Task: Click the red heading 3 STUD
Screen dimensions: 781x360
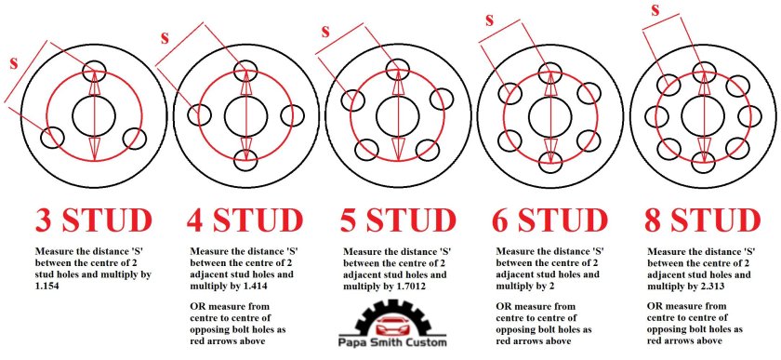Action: click(x=94, y=220)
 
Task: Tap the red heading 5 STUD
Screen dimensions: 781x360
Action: click(x=398, y=220)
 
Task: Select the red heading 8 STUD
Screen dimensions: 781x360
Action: click(x=703, y=220)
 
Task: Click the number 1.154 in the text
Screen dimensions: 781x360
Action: click(x=51, y=287)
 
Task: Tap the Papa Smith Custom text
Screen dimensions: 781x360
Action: click(x=392, y=342)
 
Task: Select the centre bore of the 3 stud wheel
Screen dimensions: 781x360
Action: click(x=94, y=116)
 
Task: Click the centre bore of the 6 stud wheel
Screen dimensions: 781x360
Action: click(x=549, y=116)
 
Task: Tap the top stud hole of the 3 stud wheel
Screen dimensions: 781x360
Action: click(x=94, y=71)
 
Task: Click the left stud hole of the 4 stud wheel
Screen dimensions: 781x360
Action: click(x=200, y=115)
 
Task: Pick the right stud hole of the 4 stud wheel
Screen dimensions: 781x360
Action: click(x=293, y=115)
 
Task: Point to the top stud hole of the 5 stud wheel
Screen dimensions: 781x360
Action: click(x=397, y=69)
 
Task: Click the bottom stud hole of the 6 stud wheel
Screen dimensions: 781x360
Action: click(x=549, y=162)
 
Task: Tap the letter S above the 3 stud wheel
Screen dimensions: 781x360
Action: click(x=14, y=63)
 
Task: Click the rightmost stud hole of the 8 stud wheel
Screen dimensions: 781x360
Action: click(x=749, y=116)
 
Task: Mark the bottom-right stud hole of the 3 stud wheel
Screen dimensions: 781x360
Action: click(x=134, y=138)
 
